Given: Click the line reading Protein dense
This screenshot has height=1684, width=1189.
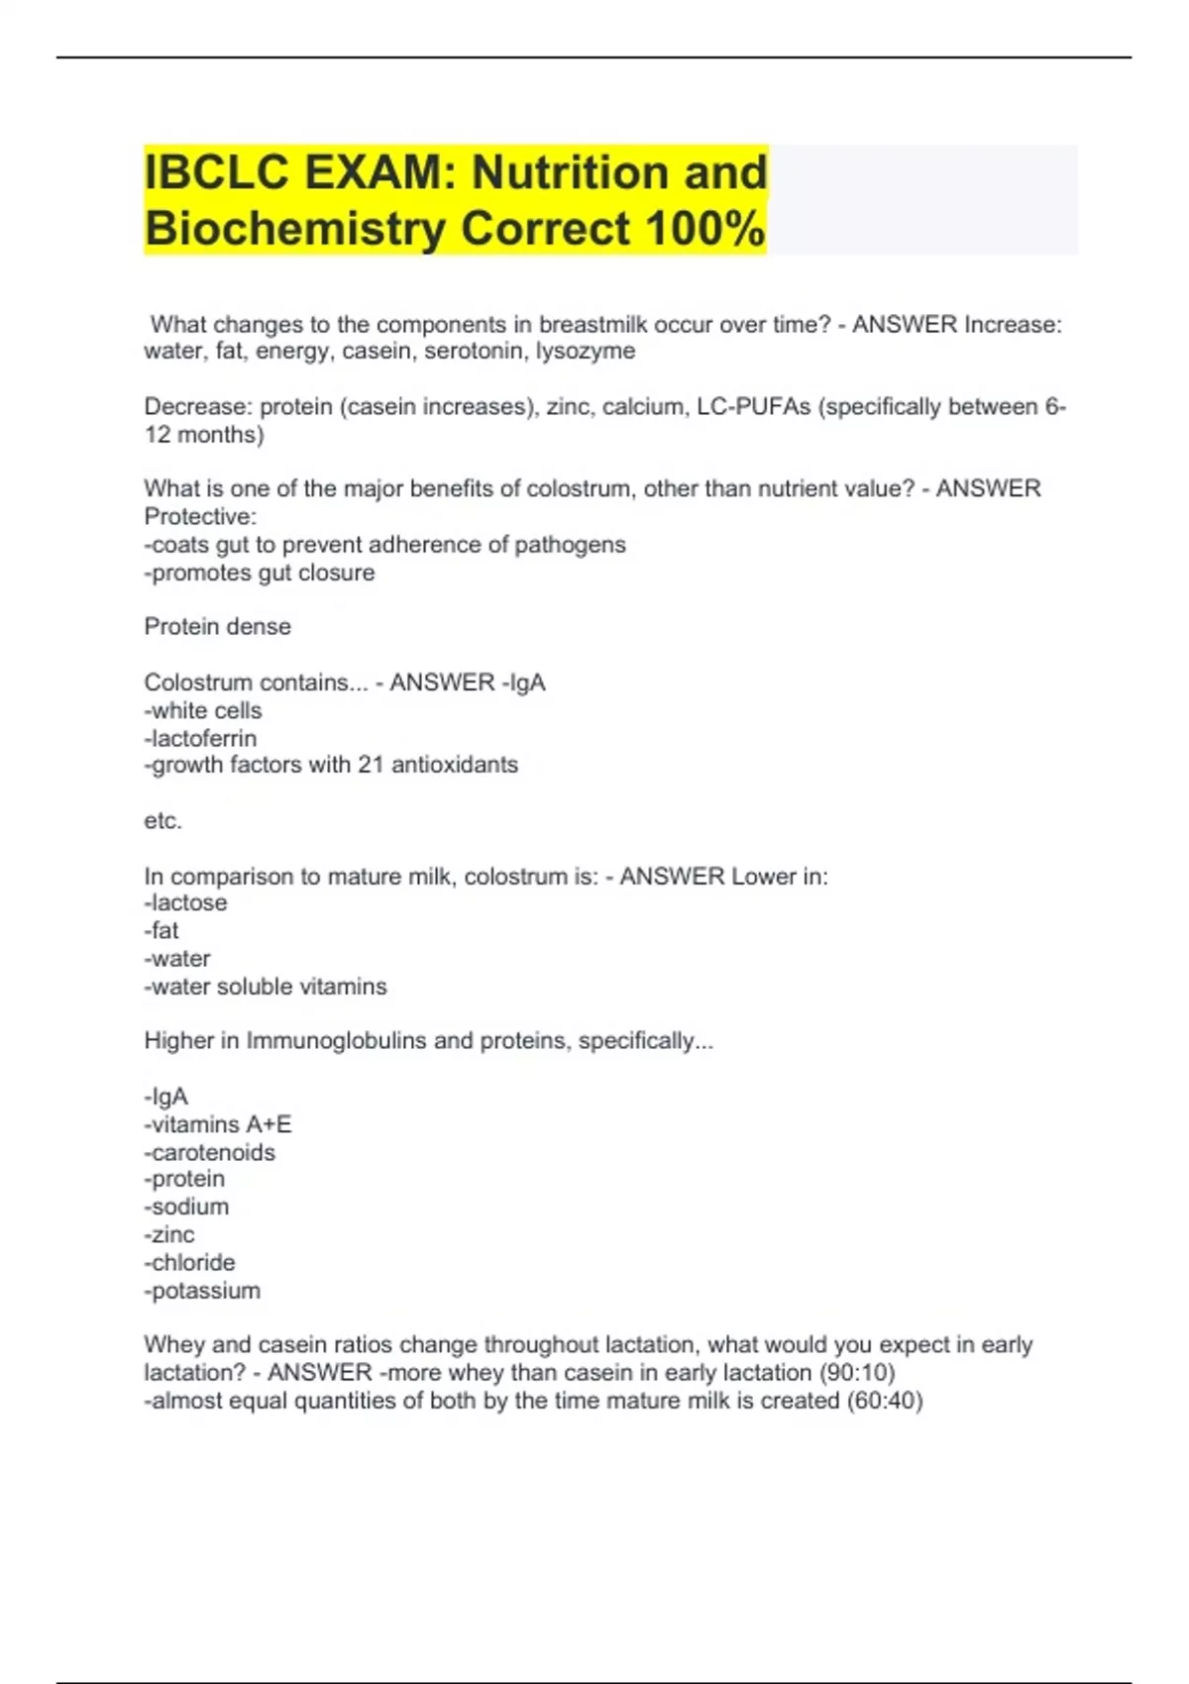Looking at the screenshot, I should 218,626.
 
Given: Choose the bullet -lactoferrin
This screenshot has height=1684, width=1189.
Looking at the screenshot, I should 200,738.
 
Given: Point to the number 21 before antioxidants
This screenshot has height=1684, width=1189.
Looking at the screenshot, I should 370,765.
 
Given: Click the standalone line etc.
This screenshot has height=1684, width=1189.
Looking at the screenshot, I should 163,821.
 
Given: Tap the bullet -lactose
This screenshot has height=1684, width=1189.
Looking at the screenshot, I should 186,902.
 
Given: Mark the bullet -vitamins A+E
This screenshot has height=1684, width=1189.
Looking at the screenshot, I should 218,1124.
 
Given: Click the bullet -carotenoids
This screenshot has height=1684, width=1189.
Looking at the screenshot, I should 210,1152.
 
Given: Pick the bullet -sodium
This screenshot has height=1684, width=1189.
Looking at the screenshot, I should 187,1207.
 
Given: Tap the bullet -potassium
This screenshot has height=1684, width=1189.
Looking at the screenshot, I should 203,1291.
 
